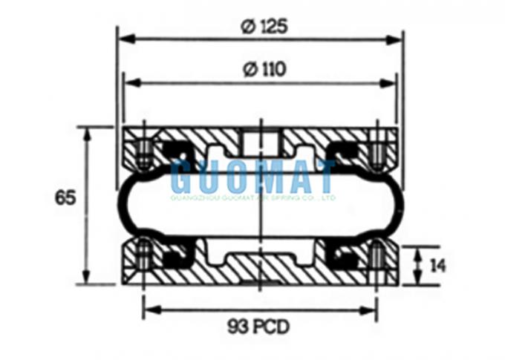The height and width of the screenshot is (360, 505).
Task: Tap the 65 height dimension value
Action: [x=65, y=199]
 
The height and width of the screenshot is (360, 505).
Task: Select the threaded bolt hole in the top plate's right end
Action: [x=377, y=152]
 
